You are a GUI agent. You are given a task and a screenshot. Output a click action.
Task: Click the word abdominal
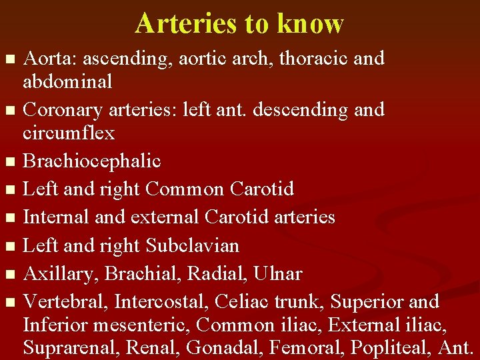[x=67, y=81]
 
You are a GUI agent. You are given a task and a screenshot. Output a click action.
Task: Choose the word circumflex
[x=69, y=133]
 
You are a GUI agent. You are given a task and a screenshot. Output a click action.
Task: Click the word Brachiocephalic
[x=92, y=161]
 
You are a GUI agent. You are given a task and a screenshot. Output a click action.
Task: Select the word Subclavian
[x=192, y=246]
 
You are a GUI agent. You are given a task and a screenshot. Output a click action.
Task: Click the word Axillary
[x=61, y=275]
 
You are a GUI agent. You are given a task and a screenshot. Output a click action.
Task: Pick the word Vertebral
[x=65, y=302]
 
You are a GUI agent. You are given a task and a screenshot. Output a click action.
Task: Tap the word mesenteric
[x=144, y=325]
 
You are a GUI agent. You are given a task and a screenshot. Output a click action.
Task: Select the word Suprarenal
[x=67, y=348]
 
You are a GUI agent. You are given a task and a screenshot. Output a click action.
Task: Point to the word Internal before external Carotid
[x=56, y=217]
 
